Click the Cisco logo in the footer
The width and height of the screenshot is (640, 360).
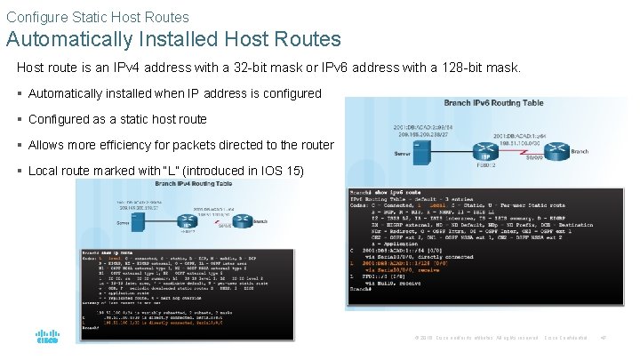pyautogui.click(x=46, y=338)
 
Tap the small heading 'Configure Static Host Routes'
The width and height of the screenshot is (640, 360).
pyautogui.click(x=97, y=16)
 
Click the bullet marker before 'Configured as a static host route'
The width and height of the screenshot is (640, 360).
pyautogui.click(x=21, y=119)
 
